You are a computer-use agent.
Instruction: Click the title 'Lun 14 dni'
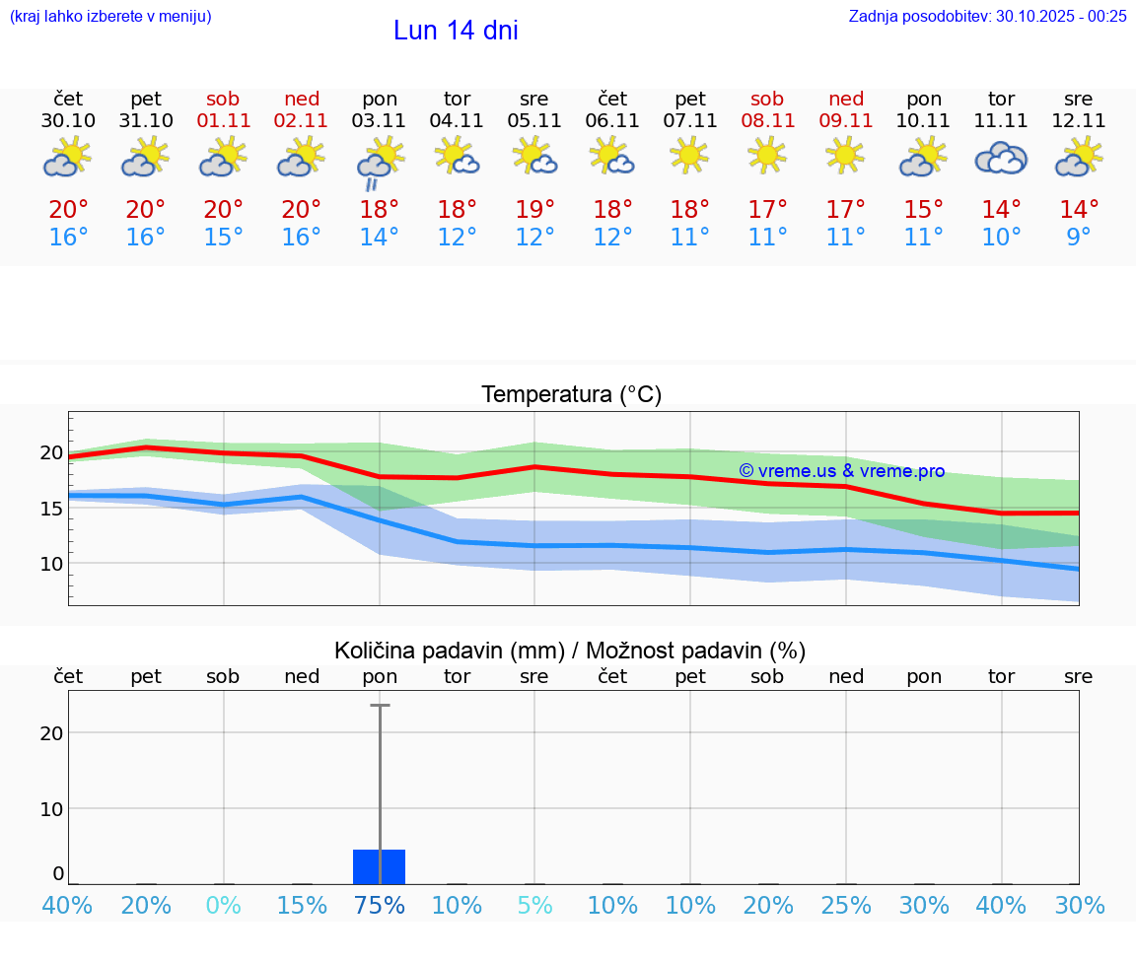(456, 31)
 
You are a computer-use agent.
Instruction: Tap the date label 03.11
(380, 121)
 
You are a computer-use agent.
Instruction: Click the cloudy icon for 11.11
(1001, 158)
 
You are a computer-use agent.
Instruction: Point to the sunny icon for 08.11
(767, 155)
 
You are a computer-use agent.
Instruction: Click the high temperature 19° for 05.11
(534, 210)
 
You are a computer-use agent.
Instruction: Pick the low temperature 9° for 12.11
(1079, 238)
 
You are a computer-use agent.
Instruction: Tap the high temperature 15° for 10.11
(924, 210)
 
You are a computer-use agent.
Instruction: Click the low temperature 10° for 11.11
(1001, 238)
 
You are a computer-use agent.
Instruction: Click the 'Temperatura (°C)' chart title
(571, 395)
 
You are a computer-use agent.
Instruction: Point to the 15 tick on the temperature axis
(50, 509)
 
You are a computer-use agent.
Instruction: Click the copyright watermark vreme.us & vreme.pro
(841, 471)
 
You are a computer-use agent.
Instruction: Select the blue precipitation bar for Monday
(380, 866)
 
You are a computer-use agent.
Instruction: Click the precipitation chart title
(570, 651)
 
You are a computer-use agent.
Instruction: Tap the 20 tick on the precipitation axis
(51, 732)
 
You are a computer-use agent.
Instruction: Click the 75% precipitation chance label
(380, 905)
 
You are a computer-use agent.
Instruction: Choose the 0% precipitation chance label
(224, 905)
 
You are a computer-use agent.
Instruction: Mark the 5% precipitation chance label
(534, 905)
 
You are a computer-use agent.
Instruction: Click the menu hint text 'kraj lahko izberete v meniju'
(110, 16)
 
